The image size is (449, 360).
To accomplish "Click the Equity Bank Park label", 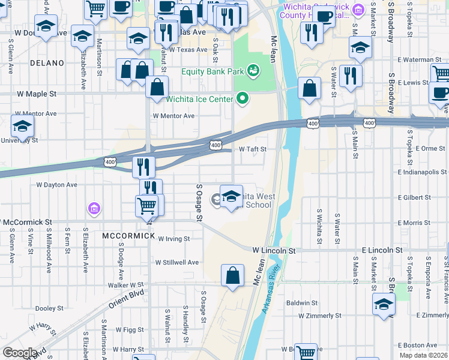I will coord(213,71).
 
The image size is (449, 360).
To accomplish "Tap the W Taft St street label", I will coord(252,149).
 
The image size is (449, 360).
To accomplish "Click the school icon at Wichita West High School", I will coord(231,196).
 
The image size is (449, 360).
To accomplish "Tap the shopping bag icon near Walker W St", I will coord(233,276).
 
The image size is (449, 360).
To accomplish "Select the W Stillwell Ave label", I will coord(176,262).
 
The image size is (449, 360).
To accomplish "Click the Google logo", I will coord(20,353).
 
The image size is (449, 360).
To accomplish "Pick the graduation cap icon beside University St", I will coord(22,127).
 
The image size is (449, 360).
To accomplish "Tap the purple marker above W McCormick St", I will coord(93,209).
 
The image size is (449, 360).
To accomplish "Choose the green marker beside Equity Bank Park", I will coord(253,71).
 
